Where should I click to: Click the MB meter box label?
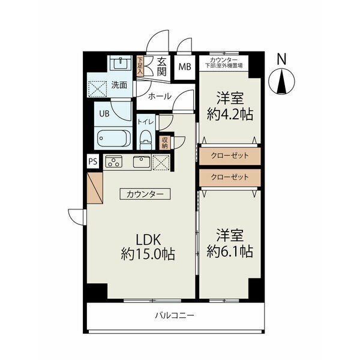(185, 67)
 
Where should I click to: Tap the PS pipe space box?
(93, 161)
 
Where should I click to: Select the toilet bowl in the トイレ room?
(146, 140)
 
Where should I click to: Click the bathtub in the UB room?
(113, 138)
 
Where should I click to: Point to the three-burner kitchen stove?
(113, 161)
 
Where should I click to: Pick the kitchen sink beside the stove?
(142, 161)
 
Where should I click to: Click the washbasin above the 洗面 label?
(121, 62)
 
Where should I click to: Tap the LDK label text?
(148, 239)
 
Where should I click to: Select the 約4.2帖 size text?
(230, 114)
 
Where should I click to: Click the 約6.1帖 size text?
(230, 251)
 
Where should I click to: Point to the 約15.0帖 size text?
(148, 254)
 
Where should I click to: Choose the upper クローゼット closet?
(230, 156)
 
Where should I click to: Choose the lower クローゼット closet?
(230, 178)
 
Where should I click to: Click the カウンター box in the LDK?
(145, 194)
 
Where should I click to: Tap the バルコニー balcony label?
(175, 315)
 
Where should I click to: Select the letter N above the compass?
(282, 59)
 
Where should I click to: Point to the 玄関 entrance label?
(161, 67)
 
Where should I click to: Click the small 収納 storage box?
(165, 143)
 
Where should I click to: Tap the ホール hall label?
(160, 96)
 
